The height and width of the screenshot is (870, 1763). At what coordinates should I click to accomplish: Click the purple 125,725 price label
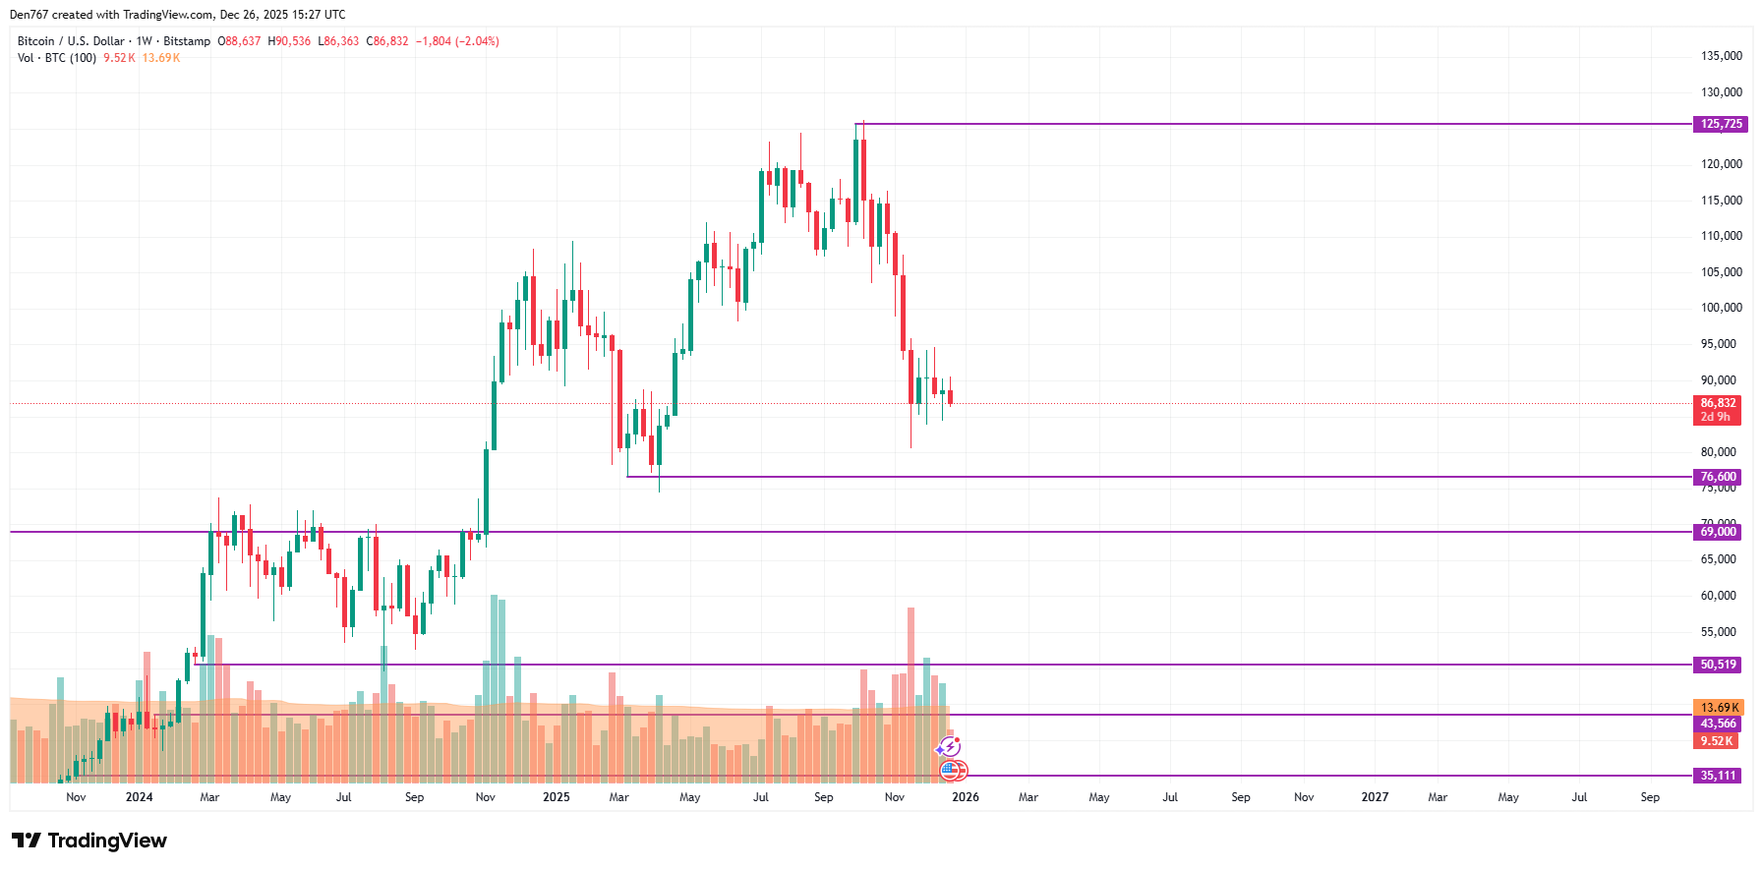[1720, 124]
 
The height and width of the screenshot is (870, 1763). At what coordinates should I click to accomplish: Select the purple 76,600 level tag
[1718, 477]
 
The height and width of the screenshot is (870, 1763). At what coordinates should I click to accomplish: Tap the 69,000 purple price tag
[1718, 532]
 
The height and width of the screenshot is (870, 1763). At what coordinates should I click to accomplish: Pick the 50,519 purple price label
[1718, 665]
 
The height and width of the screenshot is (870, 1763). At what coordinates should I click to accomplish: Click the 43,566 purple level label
[1718, 724]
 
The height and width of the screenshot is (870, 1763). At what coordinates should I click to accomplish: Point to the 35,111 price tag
[1718, 776]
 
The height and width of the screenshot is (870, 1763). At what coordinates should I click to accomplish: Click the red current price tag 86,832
[1718, 403]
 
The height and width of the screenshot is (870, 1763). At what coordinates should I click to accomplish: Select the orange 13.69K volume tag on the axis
[1719, 708]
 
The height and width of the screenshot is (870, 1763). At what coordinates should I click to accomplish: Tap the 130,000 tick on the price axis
[1721, 92]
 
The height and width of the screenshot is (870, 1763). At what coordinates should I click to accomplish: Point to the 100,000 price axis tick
[1721, 308]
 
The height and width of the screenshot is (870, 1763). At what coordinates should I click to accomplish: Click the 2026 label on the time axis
[965, 797]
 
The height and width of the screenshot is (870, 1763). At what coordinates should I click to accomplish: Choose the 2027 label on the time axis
[1374, 797]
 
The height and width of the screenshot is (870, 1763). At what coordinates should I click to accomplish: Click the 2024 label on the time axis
[139, 797]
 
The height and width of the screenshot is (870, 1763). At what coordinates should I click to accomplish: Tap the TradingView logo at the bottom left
[89, 841]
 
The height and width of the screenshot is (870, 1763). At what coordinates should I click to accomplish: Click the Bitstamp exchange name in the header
[187, 41]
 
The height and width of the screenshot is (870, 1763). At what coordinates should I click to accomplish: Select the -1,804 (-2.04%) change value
[457, 41]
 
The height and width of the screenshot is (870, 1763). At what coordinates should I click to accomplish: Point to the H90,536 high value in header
[289, 41]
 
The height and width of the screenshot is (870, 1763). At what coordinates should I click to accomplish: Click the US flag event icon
[950, 771]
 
